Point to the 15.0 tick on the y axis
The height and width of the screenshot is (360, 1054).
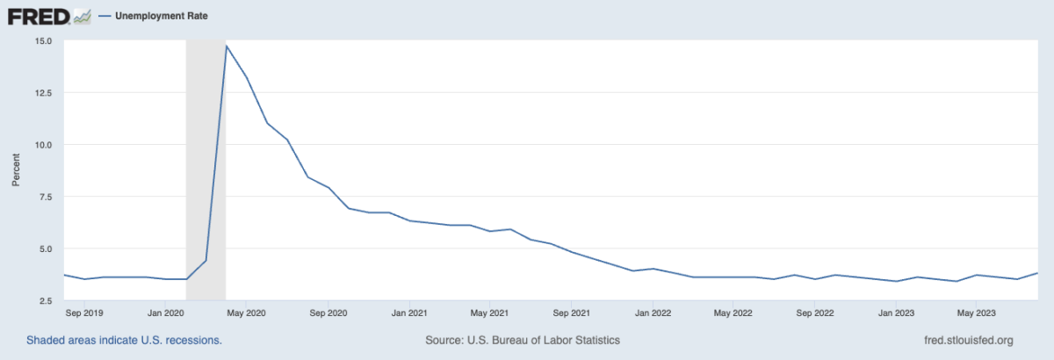(44, 40)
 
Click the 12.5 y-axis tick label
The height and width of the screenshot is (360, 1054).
(44, 92)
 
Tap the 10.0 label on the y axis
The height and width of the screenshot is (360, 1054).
(44, 144)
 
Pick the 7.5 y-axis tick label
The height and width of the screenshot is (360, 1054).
(47, 197)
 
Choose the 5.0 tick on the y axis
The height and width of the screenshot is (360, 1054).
(47, 248)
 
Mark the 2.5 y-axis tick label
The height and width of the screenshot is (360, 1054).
(47, 300)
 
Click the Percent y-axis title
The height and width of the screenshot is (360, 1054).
(17, 170)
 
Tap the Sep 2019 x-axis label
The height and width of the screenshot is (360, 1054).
(85, 312)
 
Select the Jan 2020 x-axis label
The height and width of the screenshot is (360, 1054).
(165, 312)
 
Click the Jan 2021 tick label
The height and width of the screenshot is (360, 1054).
(408, 312)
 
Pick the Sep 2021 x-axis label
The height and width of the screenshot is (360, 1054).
(572, 312)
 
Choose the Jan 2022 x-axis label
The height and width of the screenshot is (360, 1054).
(653, 312)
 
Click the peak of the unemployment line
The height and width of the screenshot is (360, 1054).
(227, 46)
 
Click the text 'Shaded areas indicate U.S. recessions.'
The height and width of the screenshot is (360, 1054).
(124, 340)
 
